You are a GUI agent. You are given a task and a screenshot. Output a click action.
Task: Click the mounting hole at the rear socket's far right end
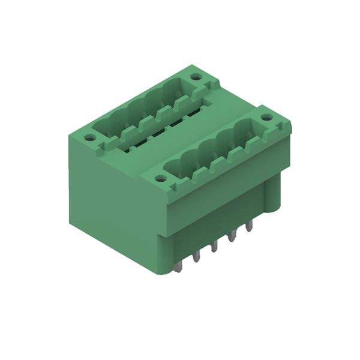196,77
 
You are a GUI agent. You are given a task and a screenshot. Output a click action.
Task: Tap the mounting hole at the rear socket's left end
89,137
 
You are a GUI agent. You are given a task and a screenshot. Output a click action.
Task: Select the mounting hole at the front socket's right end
266,117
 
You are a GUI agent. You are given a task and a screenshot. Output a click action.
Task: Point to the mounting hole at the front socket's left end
160,178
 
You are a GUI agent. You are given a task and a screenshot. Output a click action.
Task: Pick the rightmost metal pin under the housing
249,225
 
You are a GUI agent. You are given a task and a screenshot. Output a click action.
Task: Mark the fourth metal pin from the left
232,235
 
